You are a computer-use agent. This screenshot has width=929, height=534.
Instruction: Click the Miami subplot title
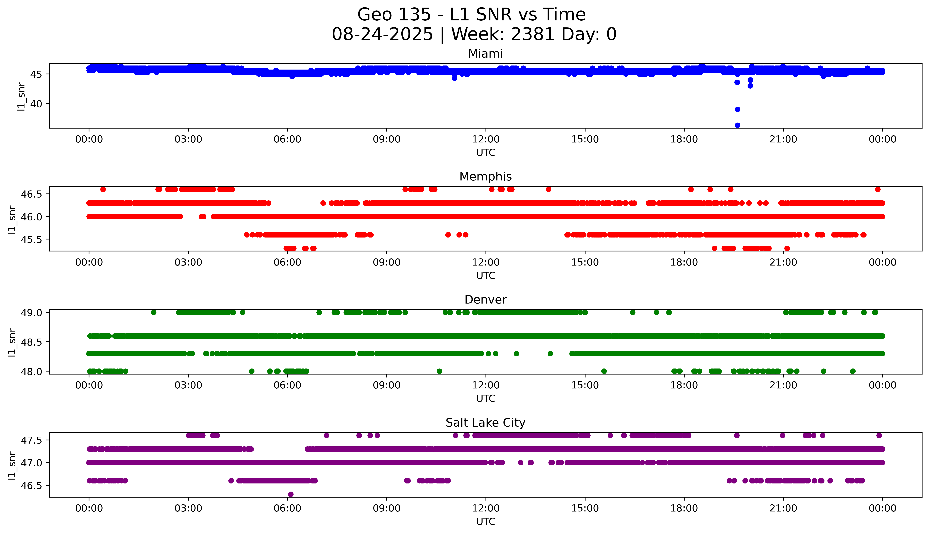pos(485,54)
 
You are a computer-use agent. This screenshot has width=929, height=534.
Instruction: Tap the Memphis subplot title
pos(485,177)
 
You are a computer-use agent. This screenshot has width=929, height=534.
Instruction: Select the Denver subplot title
pos(485,300)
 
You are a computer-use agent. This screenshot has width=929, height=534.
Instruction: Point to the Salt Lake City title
pos(485,423)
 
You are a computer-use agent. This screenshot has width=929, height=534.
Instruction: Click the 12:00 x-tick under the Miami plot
pos(486,139)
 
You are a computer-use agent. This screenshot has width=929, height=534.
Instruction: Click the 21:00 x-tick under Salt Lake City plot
pos(783,508)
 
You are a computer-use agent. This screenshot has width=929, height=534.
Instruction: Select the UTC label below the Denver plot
pos(486,399)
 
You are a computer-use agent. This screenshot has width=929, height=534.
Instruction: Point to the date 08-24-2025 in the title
pos(382,35)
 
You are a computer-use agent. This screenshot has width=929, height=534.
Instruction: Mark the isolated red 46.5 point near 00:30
pos(103,189)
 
